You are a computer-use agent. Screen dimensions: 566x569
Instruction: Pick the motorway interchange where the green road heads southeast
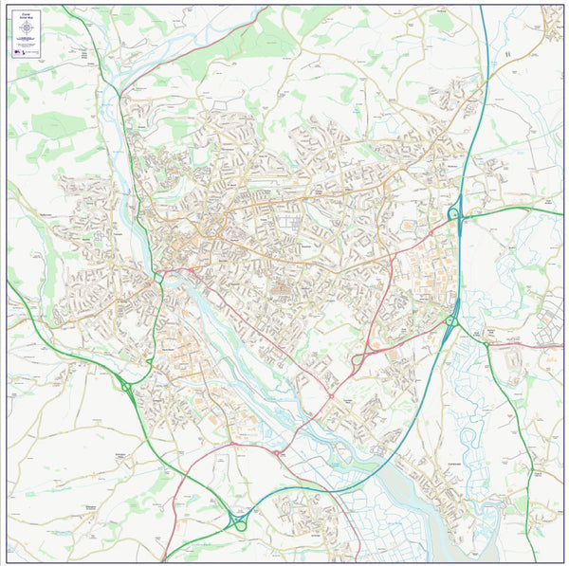pyautogui.click(x=450, y=321)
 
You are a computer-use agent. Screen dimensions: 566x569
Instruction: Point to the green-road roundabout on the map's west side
pyautogui.click(x=126, y=386)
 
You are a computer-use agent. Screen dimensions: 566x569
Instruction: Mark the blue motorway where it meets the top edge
pyautogui.click(x=481, y=8)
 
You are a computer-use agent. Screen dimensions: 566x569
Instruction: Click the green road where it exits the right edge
pyautogui.click(x=560, y=206)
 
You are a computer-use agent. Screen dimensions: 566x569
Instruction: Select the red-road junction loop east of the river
pyautogui.click(x=358, y=359)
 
